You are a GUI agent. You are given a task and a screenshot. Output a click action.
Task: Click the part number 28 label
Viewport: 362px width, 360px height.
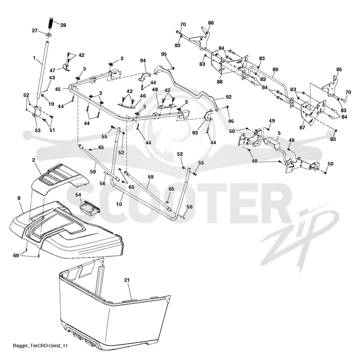click(63, 25)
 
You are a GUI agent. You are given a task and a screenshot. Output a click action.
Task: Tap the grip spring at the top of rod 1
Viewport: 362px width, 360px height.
click(51, 23)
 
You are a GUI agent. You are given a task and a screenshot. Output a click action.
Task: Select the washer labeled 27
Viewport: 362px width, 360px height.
click(49, 35)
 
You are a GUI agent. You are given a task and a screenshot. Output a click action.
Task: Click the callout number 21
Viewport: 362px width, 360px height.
click(127, 280)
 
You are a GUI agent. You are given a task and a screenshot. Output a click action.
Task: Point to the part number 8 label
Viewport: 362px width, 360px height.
click(19, 198)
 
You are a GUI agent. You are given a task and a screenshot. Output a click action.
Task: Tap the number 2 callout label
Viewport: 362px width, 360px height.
click(33, 160)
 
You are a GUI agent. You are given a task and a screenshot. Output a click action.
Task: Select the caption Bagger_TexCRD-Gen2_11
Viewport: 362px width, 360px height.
click(40, 346)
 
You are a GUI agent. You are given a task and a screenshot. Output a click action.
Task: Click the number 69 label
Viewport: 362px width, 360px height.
click(16, 256)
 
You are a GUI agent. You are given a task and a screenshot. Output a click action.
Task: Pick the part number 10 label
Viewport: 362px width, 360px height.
click(119, 204)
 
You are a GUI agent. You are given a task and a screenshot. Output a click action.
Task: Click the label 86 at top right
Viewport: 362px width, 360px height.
click(211, 23)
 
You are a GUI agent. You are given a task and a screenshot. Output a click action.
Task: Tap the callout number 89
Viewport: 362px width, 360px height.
click(275, 70)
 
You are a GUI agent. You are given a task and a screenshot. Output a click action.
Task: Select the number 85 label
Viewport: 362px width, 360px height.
click(339, 70)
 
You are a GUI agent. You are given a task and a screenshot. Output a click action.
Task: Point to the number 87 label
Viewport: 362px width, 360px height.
click(302, 128)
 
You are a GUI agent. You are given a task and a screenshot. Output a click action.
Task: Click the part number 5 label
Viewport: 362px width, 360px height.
click(279, 133)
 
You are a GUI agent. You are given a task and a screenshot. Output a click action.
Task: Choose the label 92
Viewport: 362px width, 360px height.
click(229, 97)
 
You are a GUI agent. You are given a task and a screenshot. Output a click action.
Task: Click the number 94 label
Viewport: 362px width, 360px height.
click(143, 61)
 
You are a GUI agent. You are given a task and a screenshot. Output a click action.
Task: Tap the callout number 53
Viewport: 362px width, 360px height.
click(38, 131)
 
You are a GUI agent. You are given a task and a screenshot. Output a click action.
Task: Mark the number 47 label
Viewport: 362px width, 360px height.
click(52, 71)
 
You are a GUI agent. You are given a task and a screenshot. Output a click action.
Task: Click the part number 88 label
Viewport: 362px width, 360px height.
click(219, 82)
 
